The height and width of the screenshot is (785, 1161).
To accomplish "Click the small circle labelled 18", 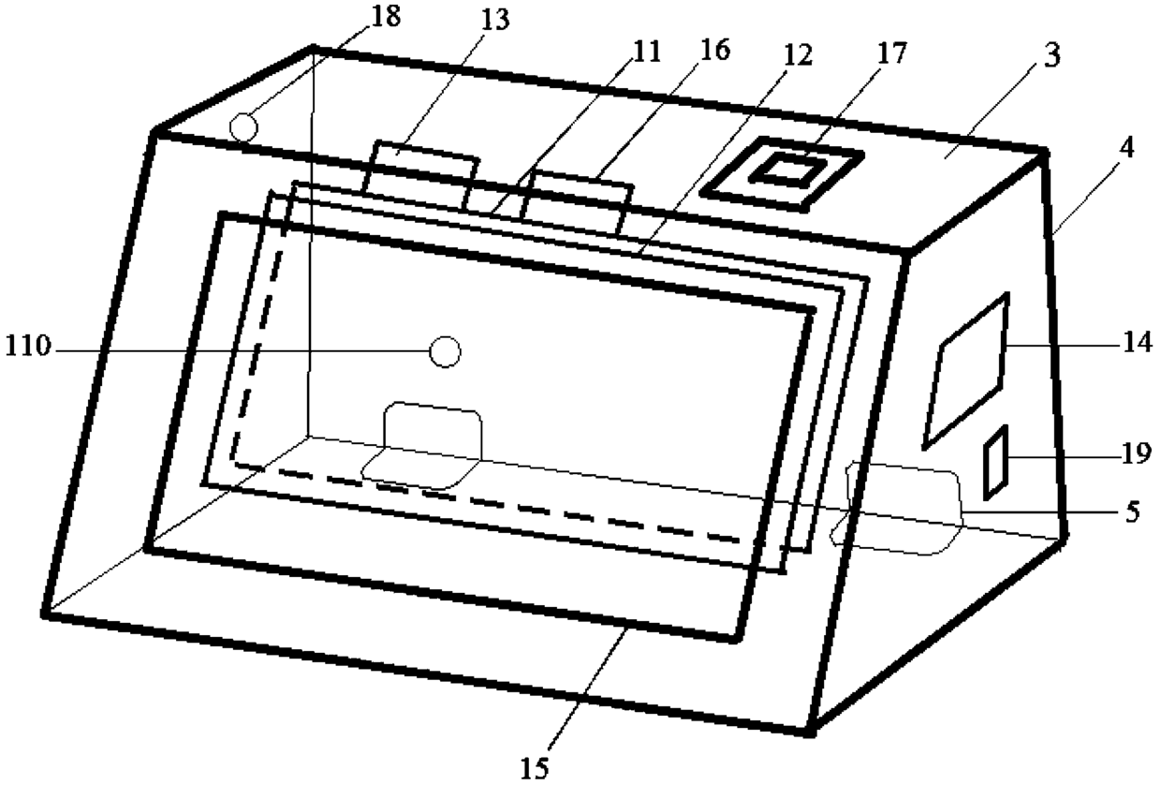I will [243, 126].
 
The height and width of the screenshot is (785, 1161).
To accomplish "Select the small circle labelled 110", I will [445, 352].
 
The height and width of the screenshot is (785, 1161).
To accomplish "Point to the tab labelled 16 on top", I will [578, 199].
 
